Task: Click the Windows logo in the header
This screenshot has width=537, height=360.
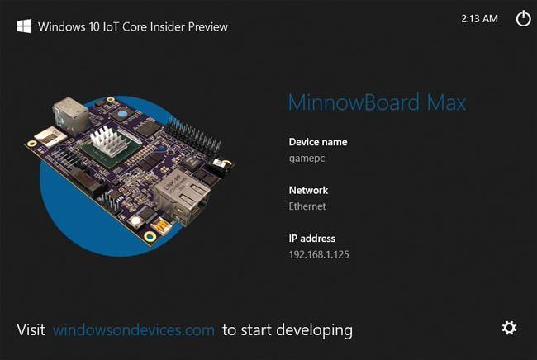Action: [x=25, y=26]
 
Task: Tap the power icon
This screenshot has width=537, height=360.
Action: [x=523, y=18]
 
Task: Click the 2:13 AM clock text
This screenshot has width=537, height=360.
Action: [x=479, y=18]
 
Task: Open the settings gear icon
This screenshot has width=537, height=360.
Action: [x=510, y=328]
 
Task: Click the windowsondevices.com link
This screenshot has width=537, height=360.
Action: [x=134, y=330]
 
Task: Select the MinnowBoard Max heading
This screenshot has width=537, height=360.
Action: [x=377, y=103]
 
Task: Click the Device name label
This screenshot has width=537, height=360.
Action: [x=318, y=142]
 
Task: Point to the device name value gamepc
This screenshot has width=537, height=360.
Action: [x=306, y=158]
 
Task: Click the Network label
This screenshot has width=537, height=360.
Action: [x=308, y=190]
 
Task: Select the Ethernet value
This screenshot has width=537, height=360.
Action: [x=307, y=206]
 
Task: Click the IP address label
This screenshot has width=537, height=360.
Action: [x=312, y=239]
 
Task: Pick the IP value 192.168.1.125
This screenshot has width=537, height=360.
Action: [x=319, y=254]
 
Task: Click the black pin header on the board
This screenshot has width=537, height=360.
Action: [x=192, y=132]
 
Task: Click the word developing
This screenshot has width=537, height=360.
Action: [x=315, y=330]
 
